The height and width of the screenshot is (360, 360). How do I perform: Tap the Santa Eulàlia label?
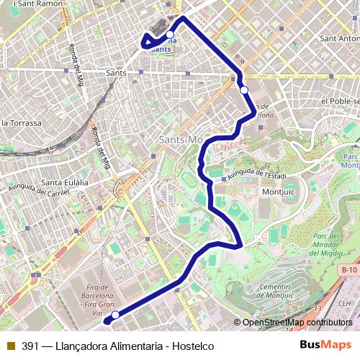coord(65,181)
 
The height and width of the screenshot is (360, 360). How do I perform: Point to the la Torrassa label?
coord(22,122)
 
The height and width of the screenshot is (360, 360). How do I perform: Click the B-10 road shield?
coord(349,269)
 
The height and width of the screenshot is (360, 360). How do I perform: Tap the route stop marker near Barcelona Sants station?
coord(170,35)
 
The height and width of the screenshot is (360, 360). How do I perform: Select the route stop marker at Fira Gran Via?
coord(114,315)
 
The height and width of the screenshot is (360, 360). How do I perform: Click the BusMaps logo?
coord(325,346)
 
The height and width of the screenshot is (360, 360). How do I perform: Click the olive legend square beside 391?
coord(11,346)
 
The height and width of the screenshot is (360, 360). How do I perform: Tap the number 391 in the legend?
coord(30,346)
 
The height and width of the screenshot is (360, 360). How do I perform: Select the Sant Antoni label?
coord(339,38)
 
